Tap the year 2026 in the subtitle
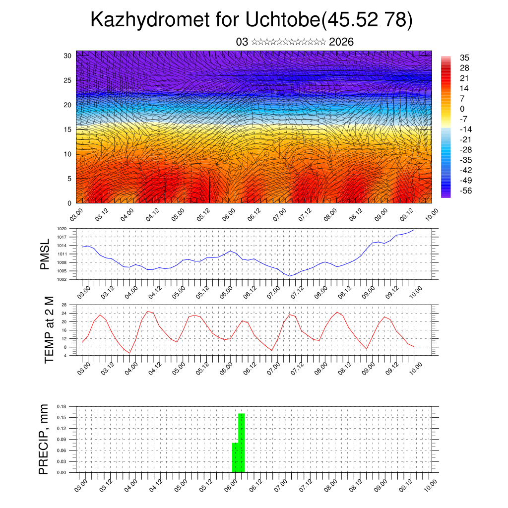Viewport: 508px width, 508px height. click(341, 42)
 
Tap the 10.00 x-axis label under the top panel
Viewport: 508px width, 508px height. click(431, 214)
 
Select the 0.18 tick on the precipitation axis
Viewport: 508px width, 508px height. click(62, 406)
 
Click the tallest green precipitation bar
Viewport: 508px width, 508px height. click(242, 443)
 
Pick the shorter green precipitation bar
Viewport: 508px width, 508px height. click(235, 457)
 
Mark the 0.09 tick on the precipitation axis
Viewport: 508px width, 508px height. click(62, 440)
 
